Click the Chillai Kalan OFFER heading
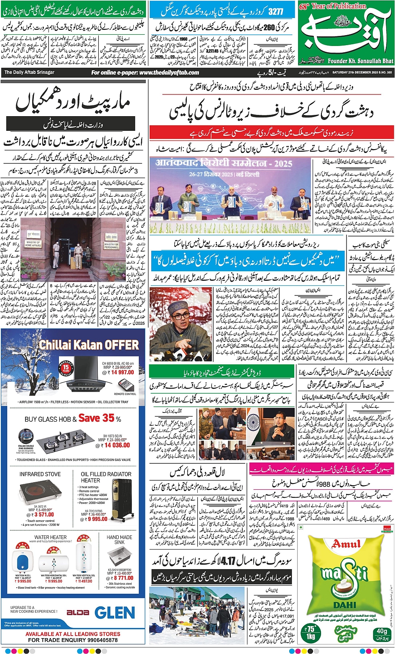click(x=89, y=345)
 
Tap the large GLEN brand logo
click(x=115, y=613)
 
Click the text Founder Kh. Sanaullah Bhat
click(x=360, y=61)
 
